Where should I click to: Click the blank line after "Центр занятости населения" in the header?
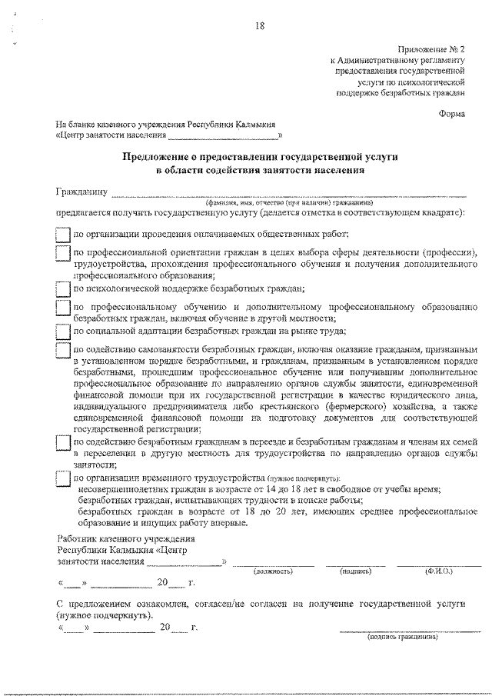[x=223, y=137]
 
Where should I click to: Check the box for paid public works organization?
[x=64, y=235]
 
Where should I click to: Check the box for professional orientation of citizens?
[x=64, y=253]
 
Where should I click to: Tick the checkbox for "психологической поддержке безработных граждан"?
[x=64, y=289]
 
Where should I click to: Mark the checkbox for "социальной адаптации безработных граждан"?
[x=64, y=331]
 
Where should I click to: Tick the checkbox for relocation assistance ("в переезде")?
[x=64, y=443]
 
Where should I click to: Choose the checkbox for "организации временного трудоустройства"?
[x=64, y=478]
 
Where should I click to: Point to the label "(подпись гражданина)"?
[x=401, y=637]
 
